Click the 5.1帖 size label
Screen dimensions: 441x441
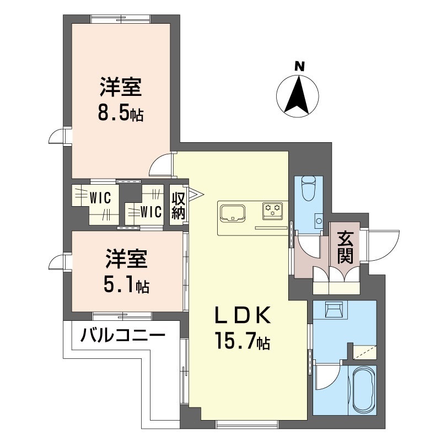(x=126, y=285)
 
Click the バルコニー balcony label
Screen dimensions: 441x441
(x=123, y=335)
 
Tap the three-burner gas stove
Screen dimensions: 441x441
(x=272, y=208)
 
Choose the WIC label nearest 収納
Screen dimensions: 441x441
(x=149, y=211)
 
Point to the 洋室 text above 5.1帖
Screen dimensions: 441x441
(x=126, y=259)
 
